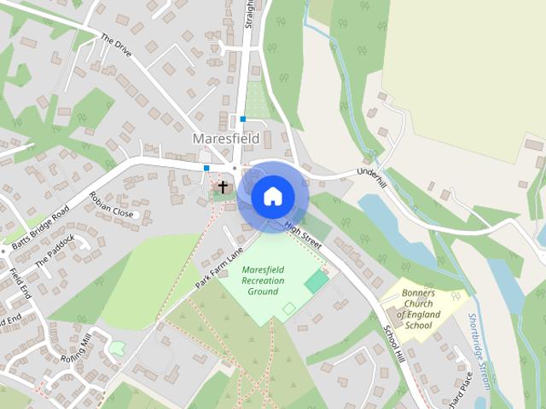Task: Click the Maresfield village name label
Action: click(x=226, y=138)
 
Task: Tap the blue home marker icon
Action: click(x=272, y=197)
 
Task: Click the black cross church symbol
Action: click(x=224, y=187)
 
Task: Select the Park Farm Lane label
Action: click(x=218, y=267)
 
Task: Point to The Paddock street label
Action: click(x=55, y=251)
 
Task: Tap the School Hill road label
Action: click(x=393, y=343)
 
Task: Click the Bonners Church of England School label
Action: click(x=419, y=308)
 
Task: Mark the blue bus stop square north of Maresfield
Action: click(x=242, y=119)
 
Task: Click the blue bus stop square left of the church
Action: click(x=206, y=168)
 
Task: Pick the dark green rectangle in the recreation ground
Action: click(x=317, y=280)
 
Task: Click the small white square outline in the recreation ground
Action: click(x=289, y=307)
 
